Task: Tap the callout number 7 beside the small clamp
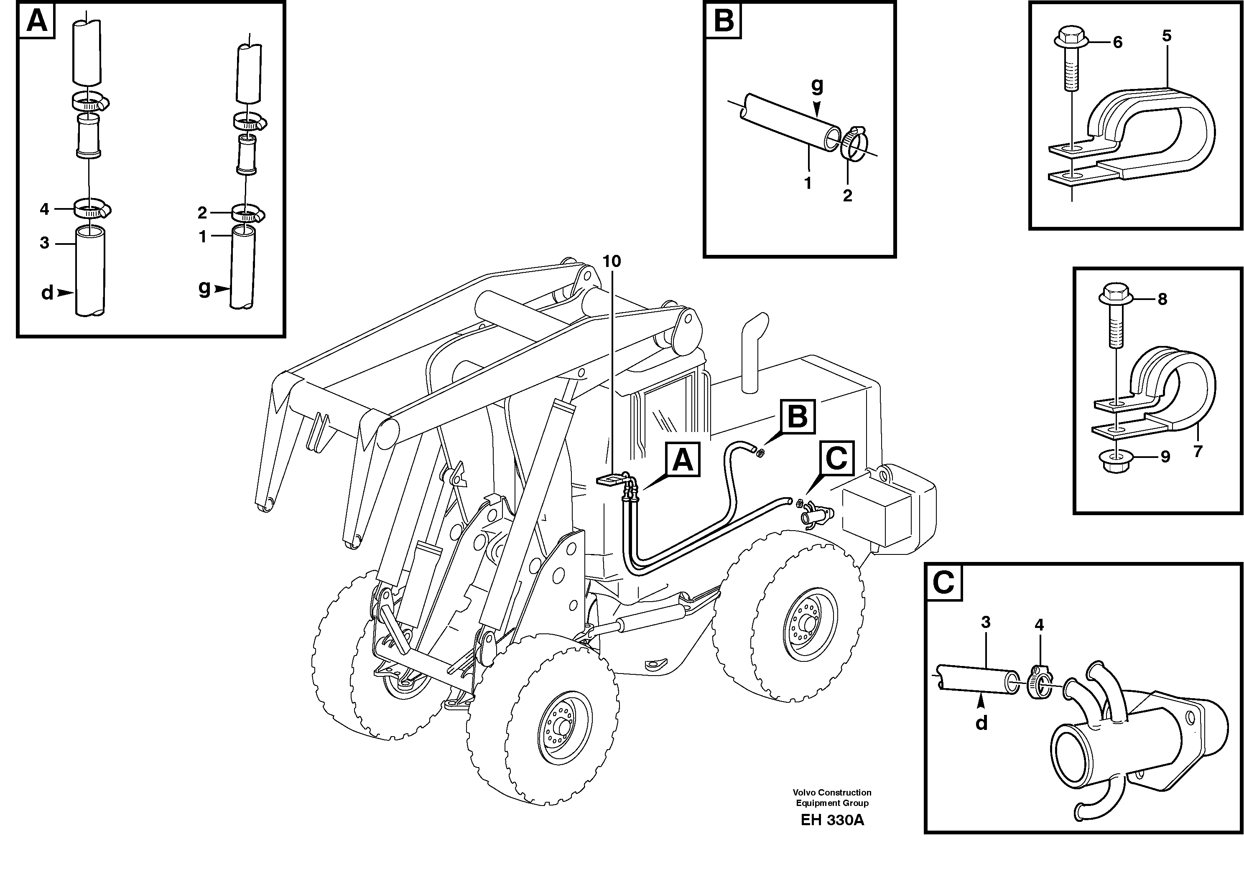[1198, 451]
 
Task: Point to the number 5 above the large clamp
[1167, 36]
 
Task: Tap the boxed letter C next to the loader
[836, 458]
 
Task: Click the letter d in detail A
[47, 293]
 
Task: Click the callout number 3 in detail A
[45, 243]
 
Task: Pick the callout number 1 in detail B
[807, 183]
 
